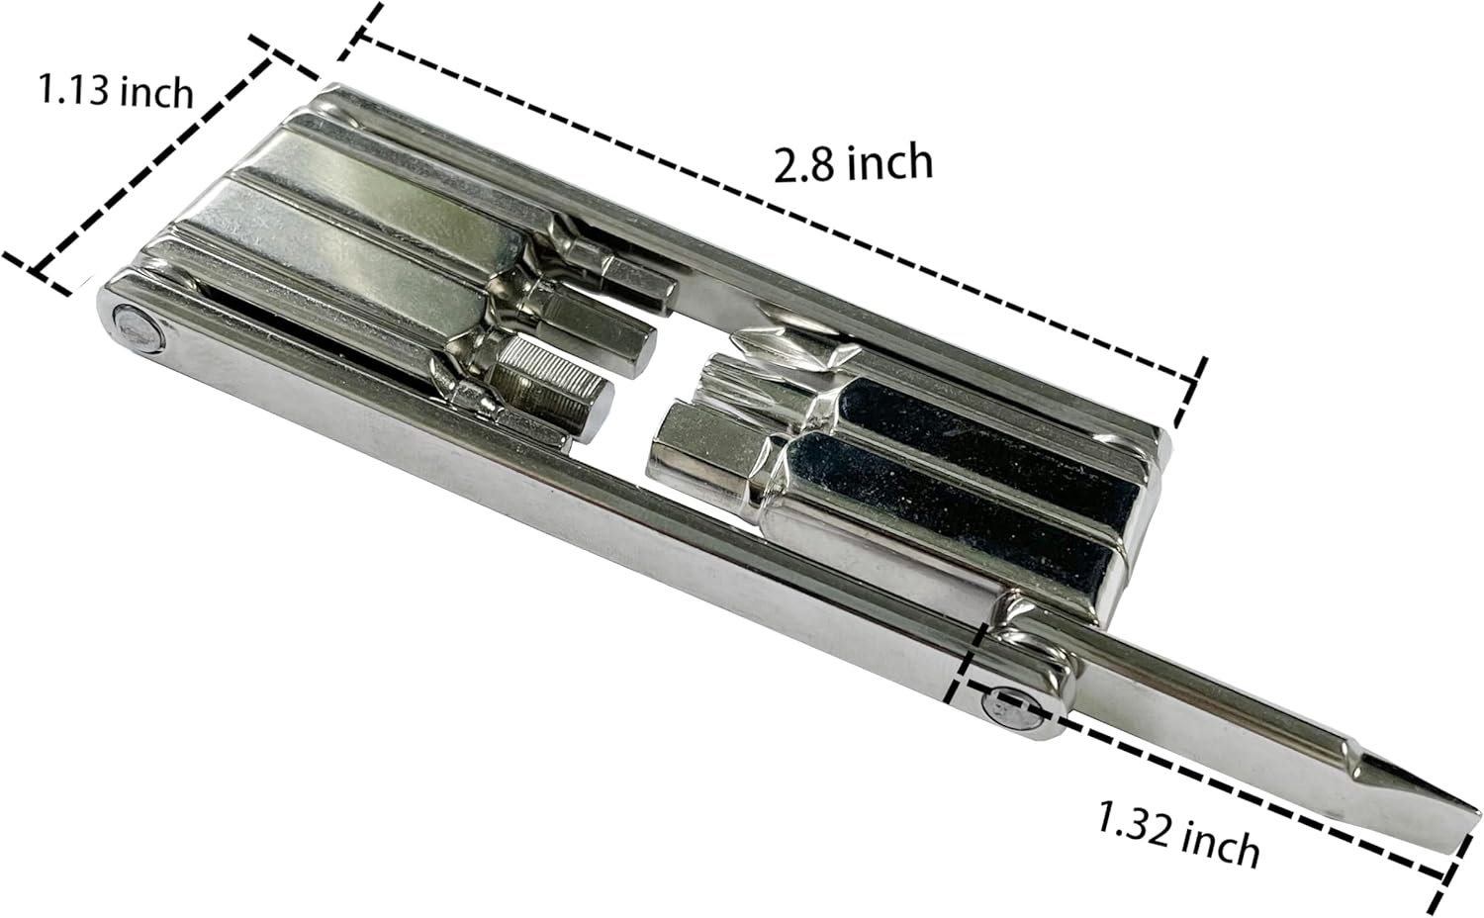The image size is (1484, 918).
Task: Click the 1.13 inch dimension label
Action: point(116,91)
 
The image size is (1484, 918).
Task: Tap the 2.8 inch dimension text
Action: point(853,163)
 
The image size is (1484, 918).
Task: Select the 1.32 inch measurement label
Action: point(1178,833)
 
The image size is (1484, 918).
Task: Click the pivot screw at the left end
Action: point(138,325)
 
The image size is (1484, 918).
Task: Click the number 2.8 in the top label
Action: point(799,166)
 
